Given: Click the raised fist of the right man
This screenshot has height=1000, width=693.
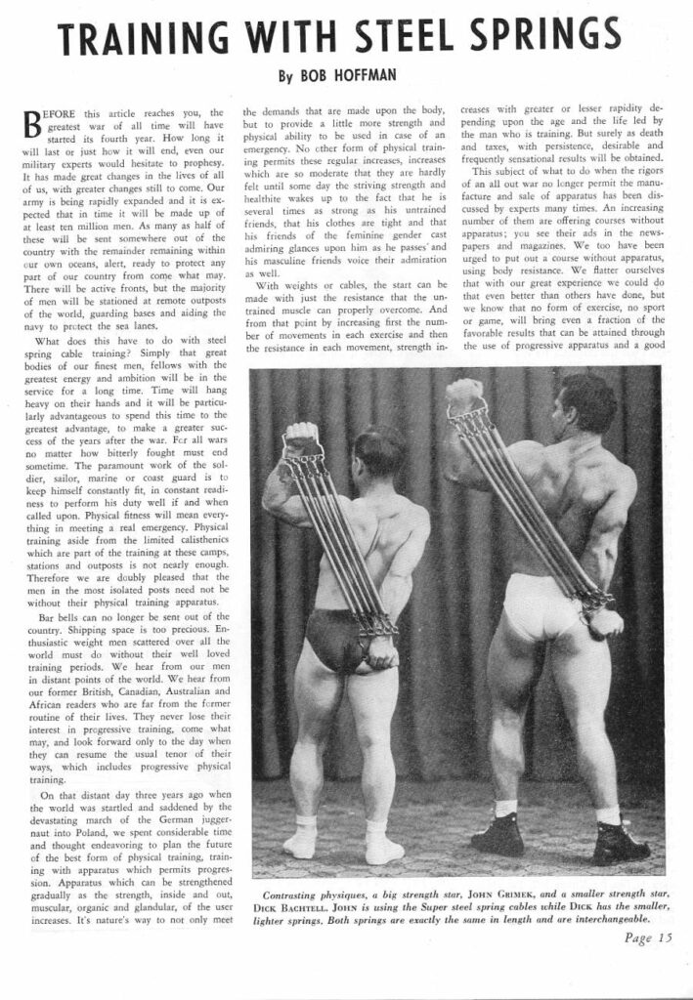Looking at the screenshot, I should point(465,394).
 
